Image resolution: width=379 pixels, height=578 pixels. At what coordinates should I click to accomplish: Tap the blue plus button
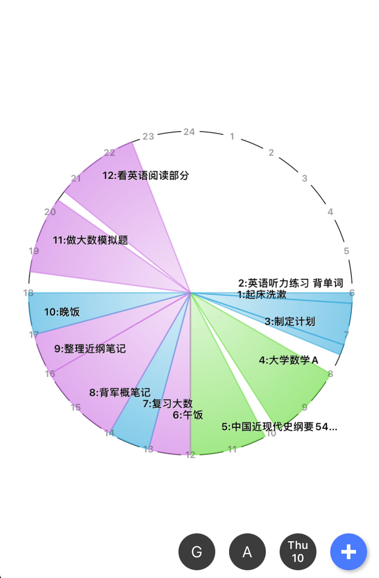click(348, 552)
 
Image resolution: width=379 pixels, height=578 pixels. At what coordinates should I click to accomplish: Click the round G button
click(197, 552)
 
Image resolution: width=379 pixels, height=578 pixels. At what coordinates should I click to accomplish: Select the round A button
click(247, 552)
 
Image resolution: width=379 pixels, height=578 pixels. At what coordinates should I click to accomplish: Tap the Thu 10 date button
click(298, 552)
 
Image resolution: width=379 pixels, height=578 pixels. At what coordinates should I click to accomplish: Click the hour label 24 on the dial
click(189, 132)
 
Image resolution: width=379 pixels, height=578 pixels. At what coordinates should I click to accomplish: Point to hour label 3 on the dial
click(304, 178)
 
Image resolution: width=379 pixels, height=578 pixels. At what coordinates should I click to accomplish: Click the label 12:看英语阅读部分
click(146, 176)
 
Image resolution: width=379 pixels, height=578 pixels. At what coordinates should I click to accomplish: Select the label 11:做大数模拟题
click(90, 240)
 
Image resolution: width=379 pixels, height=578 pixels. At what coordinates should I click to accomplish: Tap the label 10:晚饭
click(62, 312)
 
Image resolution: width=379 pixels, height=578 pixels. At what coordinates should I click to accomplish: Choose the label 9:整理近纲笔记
click(90, 349)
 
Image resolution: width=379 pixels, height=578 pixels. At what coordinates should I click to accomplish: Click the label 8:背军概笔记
click(120, 393)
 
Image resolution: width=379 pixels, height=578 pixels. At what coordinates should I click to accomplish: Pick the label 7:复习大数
click(167, 404)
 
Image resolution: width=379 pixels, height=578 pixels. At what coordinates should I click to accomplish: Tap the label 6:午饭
click(188, 415)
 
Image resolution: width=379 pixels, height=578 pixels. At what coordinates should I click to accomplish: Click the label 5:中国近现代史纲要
click(279, 427)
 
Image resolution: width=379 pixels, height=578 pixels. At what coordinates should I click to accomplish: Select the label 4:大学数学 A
click(289, 360)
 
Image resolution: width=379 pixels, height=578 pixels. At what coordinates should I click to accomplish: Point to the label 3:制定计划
click(290, 321)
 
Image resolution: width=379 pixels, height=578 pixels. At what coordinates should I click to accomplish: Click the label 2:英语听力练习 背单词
click(291, 283)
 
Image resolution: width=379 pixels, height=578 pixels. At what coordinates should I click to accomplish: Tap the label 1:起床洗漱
click(262, 295)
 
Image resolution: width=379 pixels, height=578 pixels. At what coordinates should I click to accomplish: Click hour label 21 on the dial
click(76, 179)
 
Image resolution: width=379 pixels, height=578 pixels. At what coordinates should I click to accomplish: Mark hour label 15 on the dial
click(75, 407)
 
